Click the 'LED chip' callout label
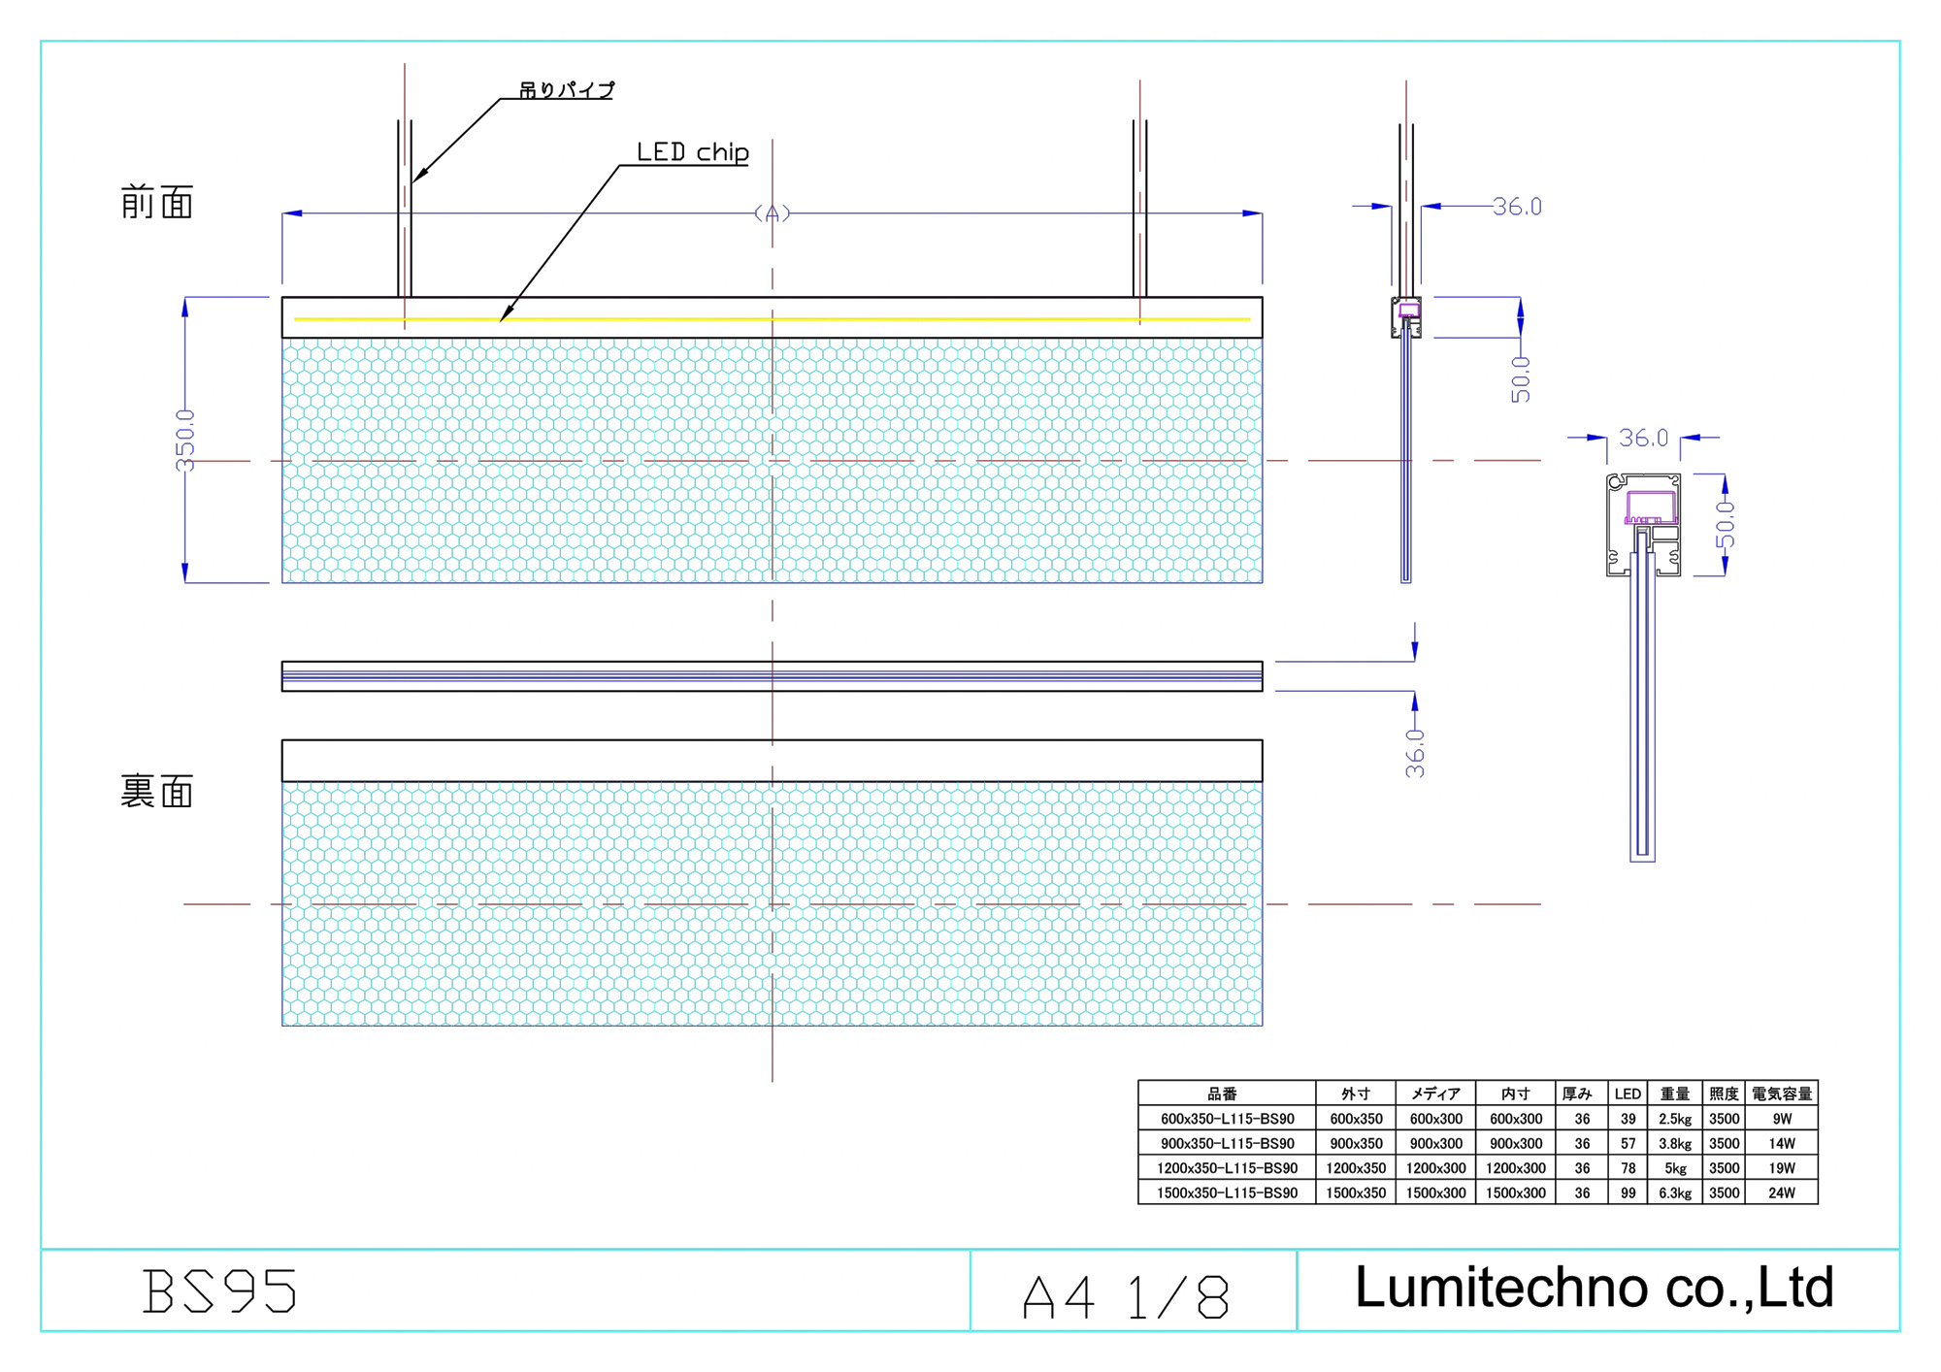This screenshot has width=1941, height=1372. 692,152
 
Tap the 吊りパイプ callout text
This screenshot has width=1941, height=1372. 566,90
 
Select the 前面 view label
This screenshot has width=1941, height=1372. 157,203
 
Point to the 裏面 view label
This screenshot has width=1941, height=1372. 157,792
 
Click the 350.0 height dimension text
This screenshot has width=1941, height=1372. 184,441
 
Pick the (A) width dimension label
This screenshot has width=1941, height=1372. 773,213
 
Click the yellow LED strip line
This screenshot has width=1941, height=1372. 773,318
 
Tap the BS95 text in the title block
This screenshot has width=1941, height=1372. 220,1291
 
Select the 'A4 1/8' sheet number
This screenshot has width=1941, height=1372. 1126,1297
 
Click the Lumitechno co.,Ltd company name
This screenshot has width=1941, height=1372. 1594,1288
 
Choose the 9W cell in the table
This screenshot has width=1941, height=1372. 1782,1119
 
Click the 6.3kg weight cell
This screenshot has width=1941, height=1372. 1675,1193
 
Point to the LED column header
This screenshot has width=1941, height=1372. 1628,1094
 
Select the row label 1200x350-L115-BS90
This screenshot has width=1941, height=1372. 1227,1168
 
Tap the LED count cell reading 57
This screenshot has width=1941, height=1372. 1628,1144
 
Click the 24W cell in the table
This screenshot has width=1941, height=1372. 1782,1193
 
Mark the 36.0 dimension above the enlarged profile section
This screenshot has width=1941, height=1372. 1643,439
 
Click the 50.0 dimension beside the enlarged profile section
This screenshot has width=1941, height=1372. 1725,525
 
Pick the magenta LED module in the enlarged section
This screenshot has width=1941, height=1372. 1651,506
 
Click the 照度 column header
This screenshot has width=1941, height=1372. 1724,1094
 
